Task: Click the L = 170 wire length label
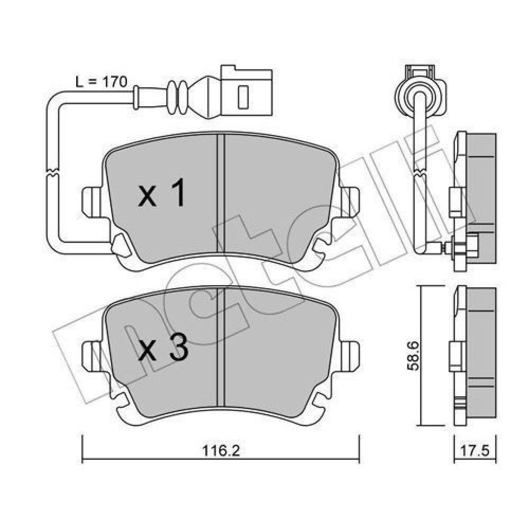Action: click(101, 82)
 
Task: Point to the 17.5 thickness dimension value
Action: click(475, 451)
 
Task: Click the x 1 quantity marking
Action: click(161, 193)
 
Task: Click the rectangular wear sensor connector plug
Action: click(246, 92)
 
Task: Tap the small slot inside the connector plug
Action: click(243, 97)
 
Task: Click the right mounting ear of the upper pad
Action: click(349, 202)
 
